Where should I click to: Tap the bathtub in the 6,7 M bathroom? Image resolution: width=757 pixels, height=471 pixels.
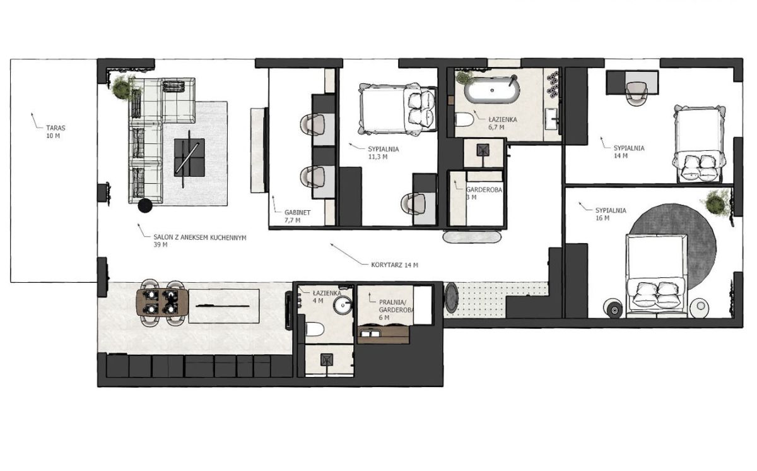pyautogui.click(x=491, y=90)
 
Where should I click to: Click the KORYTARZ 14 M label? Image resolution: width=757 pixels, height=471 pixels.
pyautogui.click(x=394, y=265)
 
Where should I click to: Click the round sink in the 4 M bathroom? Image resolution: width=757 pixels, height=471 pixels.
pyautogui.click(x=343, y=305)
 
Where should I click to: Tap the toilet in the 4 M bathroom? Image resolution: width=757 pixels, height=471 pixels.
pyautogui.click(x=315, y=329)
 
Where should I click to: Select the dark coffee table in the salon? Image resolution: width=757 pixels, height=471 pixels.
pyautogui.click(x=189, y=157)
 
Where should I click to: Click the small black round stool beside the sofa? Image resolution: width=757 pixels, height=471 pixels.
pyautogui.click(x=145, y=206)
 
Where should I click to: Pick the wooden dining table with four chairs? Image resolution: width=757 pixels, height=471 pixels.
pyautogui.click(x=162, y=302)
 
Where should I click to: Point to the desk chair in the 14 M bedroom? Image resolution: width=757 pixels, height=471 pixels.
pyautogui.click(x=637, y=92)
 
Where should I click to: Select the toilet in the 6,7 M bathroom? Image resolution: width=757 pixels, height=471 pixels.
pyautogui.click(x=464, y=120)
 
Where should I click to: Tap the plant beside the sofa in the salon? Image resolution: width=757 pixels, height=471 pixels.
pyautogui.click(x=121, y=88)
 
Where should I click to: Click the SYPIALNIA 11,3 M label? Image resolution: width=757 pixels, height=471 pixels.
pyautogui.click(x=384, y=153)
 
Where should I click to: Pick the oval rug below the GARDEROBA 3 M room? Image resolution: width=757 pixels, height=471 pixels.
pyautogui.click(x=472, y=237)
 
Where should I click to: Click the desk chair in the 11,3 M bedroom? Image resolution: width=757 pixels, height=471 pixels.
pyautogui.click(x=413, y=204)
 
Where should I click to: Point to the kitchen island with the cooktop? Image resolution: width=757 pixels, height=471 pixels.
pyautogui.click(x=224, y=306)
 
